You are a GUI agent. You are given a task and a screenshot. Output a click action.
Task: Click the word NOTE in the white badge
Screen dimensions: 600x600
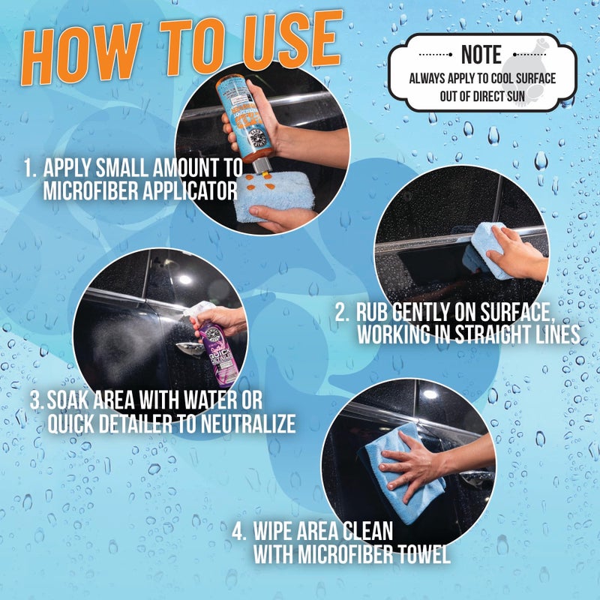coord(481,55)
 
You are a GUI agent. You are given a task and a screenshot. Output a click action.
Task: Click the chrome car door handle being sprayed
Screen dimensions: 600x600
coord(190,348)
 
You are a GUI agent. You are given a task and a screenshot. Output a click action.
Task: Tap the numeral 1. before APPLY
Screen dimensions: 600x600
coord(30,167)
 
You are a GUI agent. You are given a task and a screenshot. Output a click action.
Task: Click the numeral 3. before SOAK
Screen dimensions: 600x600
coord(37,400)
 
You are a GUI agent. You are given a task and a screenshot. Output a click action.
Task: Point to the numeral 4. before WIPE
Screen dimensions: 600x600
coord(239,531)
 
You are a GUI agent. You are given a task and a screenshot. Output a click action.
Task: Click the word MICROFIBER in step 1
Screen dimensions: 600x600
coord(91,190)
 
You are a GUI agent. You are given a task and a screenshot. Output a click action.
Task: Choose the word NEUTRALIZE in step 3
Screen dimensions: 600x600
coord(248,424)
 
